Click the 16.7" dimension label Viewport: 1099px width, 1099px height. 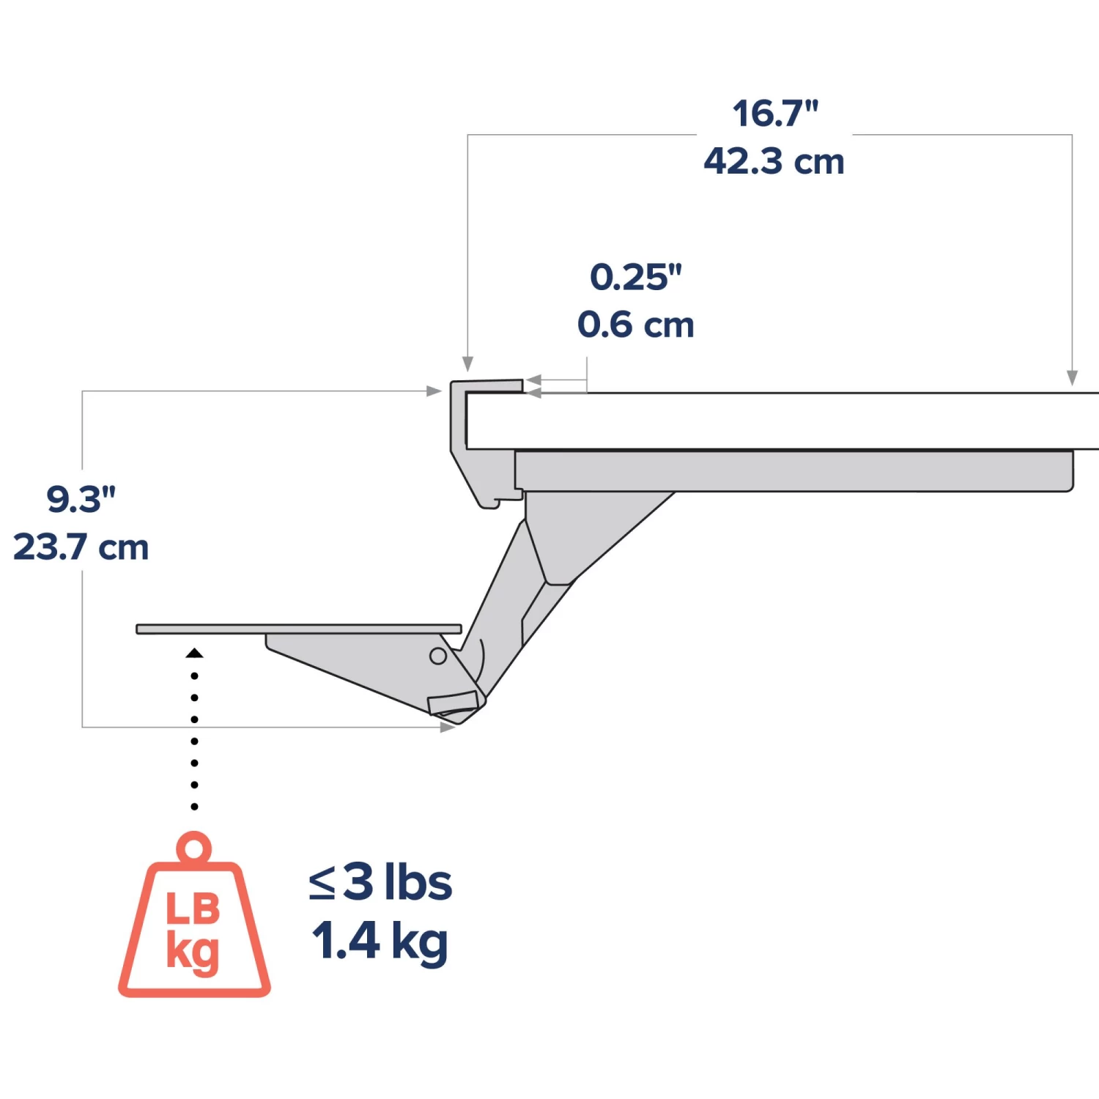775,114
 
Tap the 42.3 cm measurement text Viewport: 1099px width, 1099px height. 774,161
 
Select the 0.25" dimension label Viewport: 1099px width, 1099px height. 636,277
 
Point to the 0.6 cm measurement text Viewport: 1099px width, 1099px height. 636,325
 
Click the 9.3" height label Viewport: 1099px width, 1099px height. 81,499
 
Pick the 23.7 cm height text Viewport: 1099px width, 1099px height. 81,547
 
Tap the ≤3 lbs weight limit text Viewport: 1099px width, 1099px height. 380,881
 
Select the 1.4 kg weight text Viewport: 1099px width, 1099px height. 380,941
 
